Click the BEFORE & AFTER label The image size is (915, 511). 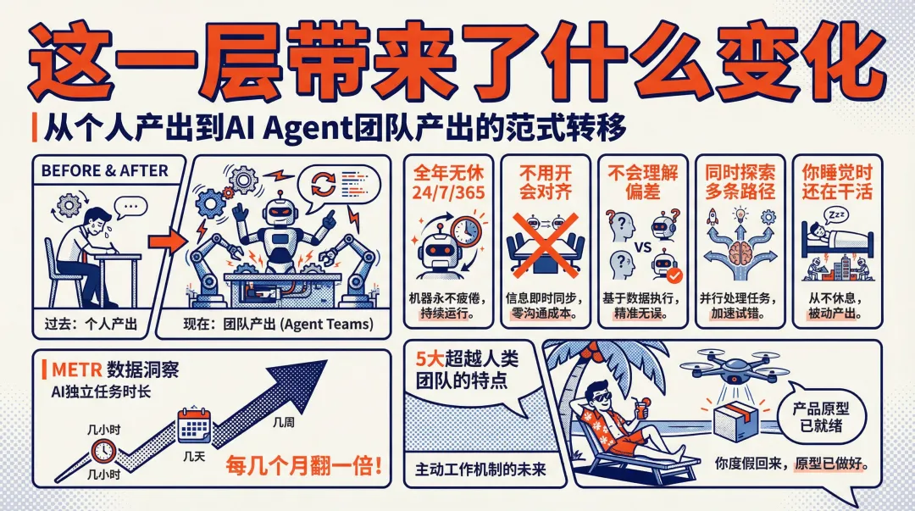104,171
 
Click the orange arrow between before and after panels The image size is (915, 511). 167,241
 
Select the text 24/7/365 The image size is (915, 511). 448,192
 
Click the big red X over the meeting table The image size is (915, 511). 545,244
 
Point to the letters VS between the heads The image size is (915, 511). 642,247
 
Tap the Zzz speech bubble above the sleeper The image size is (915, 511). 836,215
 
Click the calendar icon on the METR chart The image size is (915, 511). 194,426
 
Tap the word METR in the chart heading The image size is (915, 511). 76,369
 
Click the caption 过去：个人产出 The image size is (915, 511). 91,324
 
